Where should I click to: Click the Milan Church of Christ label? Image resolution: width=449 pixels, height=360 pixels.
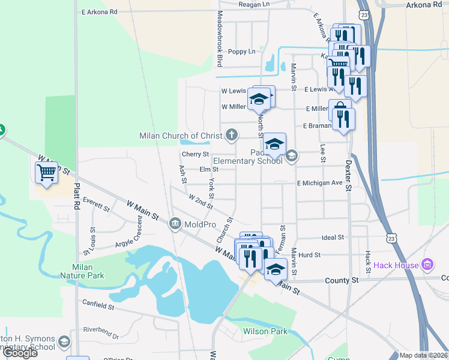click(181, 136)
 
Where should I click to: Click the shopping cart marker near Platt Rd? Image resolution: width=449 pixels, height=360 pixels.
click(46, 173)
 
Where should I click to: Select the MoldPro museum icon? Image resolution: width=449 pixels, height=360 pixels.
click(175, 224)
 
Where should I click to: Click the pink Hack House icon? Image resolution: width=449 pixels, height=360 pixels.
click(427, 264)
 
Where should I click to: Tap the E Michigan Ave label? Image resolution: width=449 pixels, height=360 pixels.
click(319, 182)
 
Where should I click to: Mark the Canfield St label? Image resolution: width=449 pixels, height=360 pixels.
click(98, 306)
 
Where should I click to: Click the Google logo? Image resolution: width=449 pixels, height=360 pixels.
click(20, 353)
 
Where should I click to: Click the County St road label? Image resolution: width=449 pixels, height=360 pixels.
click(342, 280)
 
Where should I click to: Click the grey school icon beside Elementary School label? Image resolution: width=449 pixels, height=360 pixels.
click(291, 156)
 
